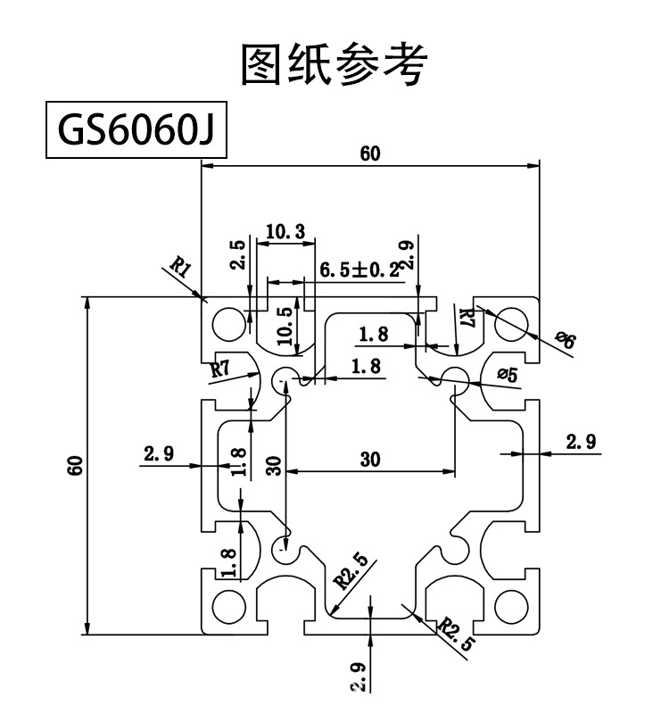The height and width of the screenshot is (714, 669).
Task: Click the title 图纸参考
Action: [334, 65]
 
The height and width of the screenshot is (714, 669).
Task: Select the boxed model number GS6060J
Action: [136, 132]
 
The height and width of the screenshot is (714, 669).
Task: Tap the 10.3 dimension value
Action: [285, 232]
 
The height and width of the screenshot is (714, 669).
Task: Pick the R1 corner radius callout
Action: [182, 267]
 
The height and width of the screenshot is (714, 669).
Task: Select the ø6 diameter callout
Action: [566, 340]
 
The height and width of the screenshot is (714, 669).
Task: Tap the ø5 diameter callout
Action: [506, 375]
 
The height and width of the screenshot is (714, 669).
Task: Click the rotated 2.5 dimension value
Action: [236, 255]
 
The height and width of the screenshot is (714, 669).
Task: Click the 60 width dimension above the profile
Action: [370, 154]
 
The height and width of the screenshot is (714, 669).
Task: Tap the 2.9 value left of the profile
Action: [158, 453]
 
